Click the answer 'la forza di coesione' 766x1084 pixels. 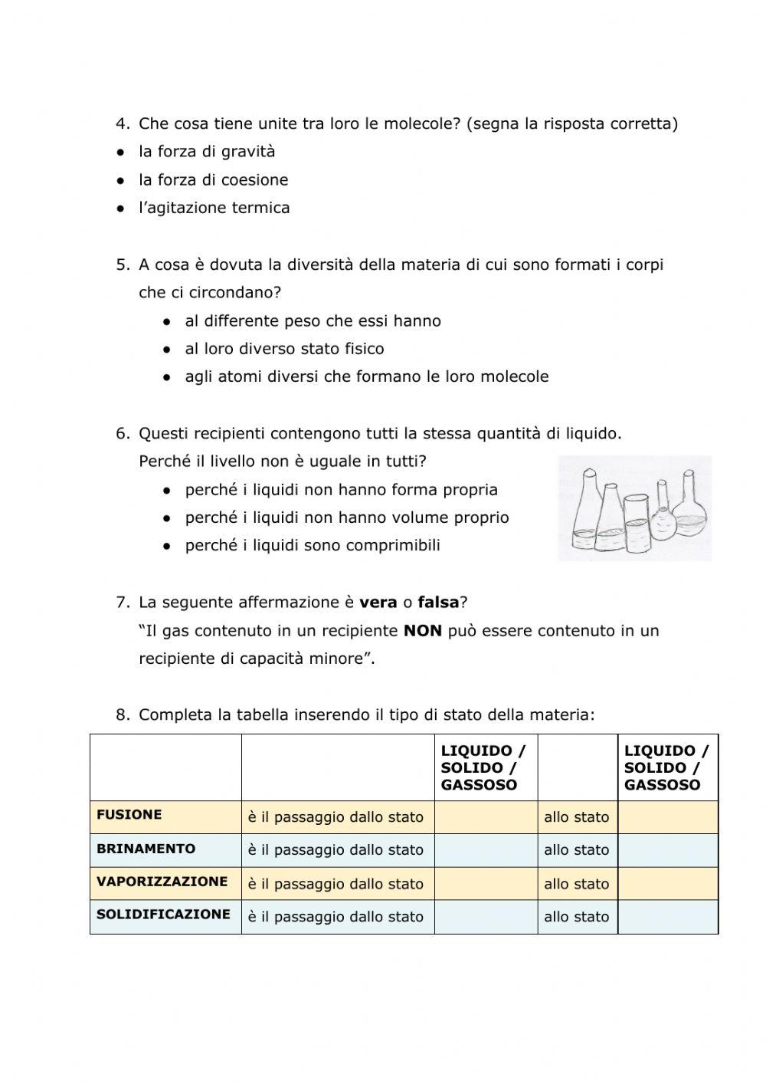click(213, 180)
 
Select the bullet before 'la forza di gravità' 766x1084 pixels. click(121, 153)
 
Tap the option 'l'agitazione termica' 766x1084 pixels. click(214, 208)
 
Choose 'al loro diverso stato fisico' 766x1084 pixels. click(284, 349)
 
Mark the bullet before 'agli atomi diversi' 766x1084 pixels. click(167, 377)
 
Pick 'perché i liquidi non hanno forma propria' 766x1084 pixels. click(341, 490)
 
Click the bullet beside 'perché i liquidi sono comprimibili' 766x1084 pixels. click(167, 547)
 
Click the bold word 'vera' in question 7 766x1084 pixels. click(378, 603)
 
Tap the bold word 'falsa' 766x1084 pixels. click(437, 603)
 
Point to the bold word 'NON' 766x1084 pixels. click(423, 631)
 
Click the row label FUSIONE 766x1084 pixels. click(129, 815)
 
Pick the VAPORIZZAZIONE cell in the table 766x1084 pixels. click(162, 882)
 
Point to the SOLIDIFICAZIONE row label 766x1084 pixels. click(163, 915)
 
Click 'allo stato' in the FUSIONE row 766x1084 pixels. click(576, 817)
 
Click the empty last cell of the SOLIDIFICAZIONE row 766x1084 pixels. click(667, 917)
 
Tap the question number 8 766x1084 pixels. click(123, 715)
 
